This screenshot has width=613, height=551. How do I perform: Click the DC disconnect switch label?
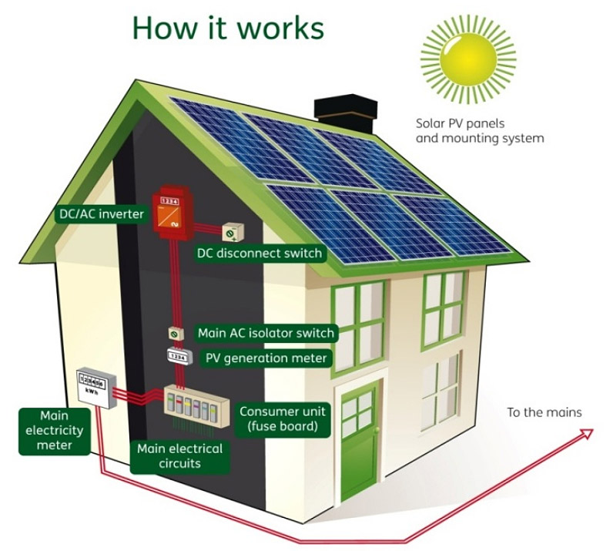[x=260, y=253]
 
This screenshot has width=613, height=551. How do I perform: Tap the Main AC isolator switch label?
[x=266, y=333]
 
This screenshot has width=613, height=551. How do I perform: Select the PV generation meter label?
[x=266, y=358]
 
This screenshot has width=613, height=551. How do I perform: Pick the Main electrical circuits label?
[x=179, y=455]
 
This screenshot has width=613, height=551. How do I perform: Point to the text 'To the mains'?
[x=544, y=412]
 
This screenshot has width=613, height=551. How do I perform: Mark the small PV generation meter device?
[x=177, y=358]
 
